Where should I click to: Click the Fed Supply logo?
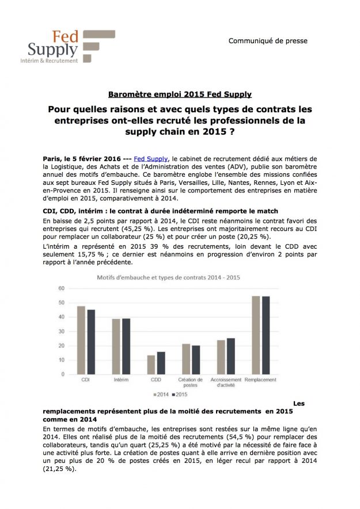[x=73, y=47]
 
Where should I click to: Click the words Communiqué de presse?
[x=268, y=41]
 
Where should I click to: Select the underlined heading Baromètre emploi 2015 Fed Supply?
[x=180, y=94]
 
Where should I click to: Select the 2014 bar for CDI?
[x=81, y=340]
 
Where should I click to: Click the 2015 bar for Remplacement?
[x=266, y=335]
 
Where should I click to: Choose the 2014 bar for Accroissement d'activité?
[x=221, y=357]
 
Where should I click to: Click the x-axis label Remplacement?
[x=261, y=380]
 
